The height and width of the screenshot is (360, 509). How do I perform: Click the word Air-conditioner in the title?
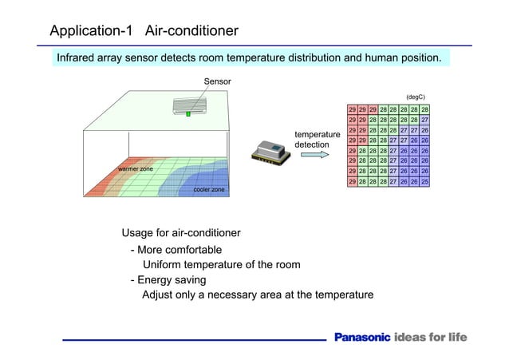coord(191,31)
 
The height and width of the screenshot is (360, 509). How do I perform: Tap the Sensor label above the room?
coord(217,81)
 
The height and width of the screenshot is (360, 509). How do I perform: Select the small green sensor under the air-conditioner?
coord(189,115)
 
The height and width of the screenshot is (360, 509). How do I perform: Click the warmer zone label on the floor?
coord(136,169)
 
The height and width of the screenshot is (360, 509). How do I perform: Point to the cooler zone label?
coord(209,189)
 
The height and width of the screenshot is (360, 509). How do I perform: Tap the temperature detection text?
coord(318,140)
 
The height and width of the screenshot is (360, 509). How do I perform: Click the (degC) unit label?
coord(416,97)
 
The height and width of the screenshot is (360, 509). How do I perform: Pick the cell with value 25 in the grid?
coord(425,182)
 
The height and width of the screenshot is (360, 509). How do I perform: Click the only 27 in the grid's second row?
coord(425,120)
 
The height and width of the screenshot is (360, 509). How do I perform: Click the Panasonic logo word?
coord(361,337)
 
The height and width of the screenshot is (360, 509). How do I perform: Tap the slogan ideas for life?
coord(431,337)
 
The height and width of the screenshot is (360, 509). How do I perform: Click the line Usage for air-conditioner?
coord(181,233)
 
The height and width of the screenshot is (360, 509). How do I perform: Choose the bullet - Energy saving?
coord(168,280)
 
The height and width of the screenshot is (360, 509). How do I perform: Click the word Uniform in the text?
coord(164,265)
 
